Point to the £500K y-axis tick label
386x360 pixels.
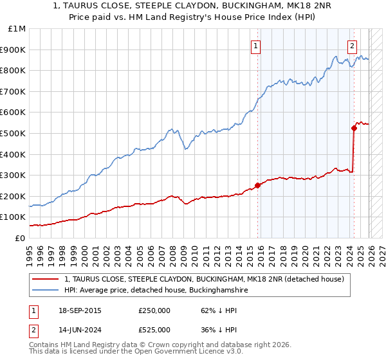(14, 133)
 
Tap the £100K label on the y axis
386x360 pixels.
(14, 217)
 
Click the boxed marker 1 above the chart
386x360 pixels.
(256, 46)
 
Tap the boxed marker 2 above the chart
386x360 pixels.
(353, 46)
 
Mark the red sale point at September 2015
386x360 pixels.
(257, 185)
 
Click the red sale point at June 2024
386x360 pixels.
(354, 128)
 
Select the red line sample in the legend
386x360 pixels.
(46, 279)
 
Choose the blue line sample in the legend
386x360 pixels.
(46, 291)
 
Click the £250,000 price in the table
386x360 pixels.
(154, 310)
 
